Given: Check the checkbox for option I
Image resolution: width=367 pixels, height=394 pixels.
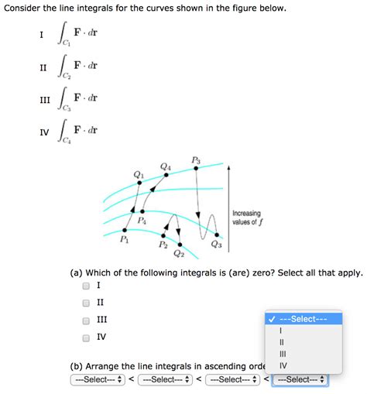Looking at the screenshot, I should pyautogui.click(x=86, y=285).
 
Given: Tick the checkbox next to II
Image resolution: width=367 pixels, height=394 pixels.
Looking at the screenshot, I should pyautogui.click(x=86, y=303).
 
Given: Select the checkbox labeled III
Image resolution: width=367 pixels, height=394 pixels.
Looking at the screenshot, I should pyautogui.click(x=86, y=320).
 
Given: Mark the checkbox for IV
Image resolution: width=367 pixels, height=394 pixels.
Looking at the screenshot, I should pyautogui.click(x=86, y=337).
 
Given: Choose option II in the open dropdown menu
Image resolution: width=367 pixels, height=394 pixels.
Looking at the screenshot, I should pyautogui.click(x=282, y=341).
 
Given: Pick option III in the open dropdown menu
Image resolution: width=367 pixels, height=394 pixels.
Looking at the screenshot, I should pyautogui.click(x=283, y=354).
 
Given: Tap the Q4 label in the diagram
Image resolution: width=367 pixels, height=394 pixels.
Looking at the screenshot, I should pyautogui.click(x=165, y=166).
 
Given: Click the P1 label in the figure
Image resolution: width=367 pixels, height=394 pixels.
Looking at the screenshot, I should pyautogui.click(x=125, y=241).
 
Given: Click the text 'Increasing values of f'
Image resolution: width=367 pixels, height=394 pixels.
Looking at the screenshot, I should pyautogui.click(x=246, y=218).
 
